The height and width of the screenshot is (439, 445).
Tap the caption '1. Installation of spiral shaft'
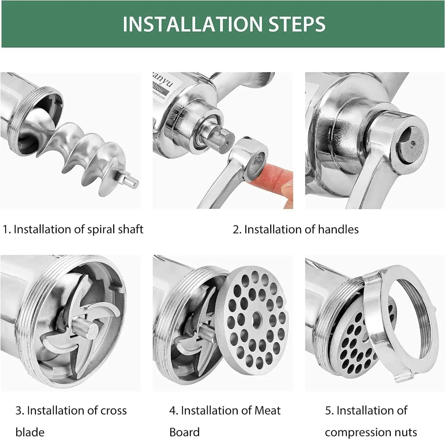[73, 229]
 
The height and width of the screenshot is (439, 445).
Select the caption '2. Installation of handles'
[295, 229]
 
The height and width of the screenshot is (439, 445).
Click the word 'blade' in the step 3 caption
[30, 432]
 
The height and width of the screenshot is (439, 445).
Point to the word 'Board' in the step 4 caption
[184, 432]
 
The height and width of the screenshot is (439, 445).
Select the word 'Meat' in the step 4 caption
[267, 411]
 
